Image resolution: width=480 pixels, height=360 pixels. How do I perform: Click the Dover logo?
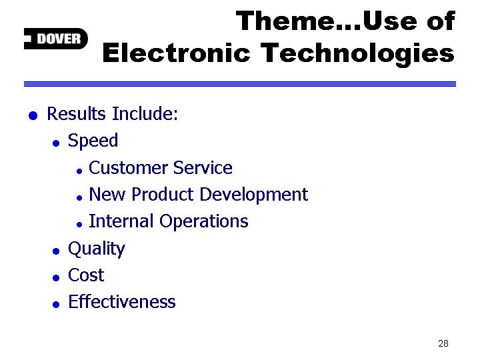click(x=56, y=39)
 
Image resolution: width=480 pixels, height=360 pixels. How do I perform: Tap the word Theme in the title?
click(x=285, y=21)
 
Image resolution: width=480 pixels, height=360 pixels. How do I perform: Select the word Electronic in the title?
click(x=176, y=53)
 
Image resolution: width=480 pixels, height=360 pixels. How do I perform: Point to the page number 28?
click(x=443, y=343)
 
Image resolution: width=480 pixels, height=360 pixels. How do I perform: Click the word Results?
click(x=76, y=113)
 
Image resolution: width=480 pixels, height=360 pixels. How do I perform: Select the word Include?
click(x=145, y=113)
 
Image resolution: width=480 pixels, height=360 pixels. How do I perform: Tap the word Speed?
click(x=93, y=141)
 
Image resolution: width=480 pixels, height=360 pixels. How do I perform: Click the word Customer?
click(x=128, y=168)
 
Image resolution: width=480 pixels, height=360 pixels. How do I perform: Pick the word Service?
click(x=203, y=168)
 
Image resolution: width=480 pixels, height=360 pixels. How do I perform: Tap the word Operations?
click(x=204, y=221)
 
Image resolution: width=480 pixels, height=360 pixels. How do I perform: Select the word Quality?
click(x=97, y=249)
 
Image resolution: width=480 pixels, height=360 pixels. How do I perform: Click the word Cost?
click(x=86, y=275)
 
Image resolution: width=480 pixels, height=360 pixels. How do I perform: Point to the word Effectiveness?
click(x=122, y=301)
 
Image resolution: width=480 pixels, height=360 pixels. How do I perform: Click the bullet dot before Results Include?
click(x=33, y=116)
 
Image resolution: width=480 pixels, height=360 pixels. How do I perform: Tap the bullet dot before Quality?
click(x=56, y=251)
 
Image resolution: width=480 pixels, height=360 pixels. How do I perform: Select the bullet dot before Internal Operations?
click(x=79, y=225)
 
